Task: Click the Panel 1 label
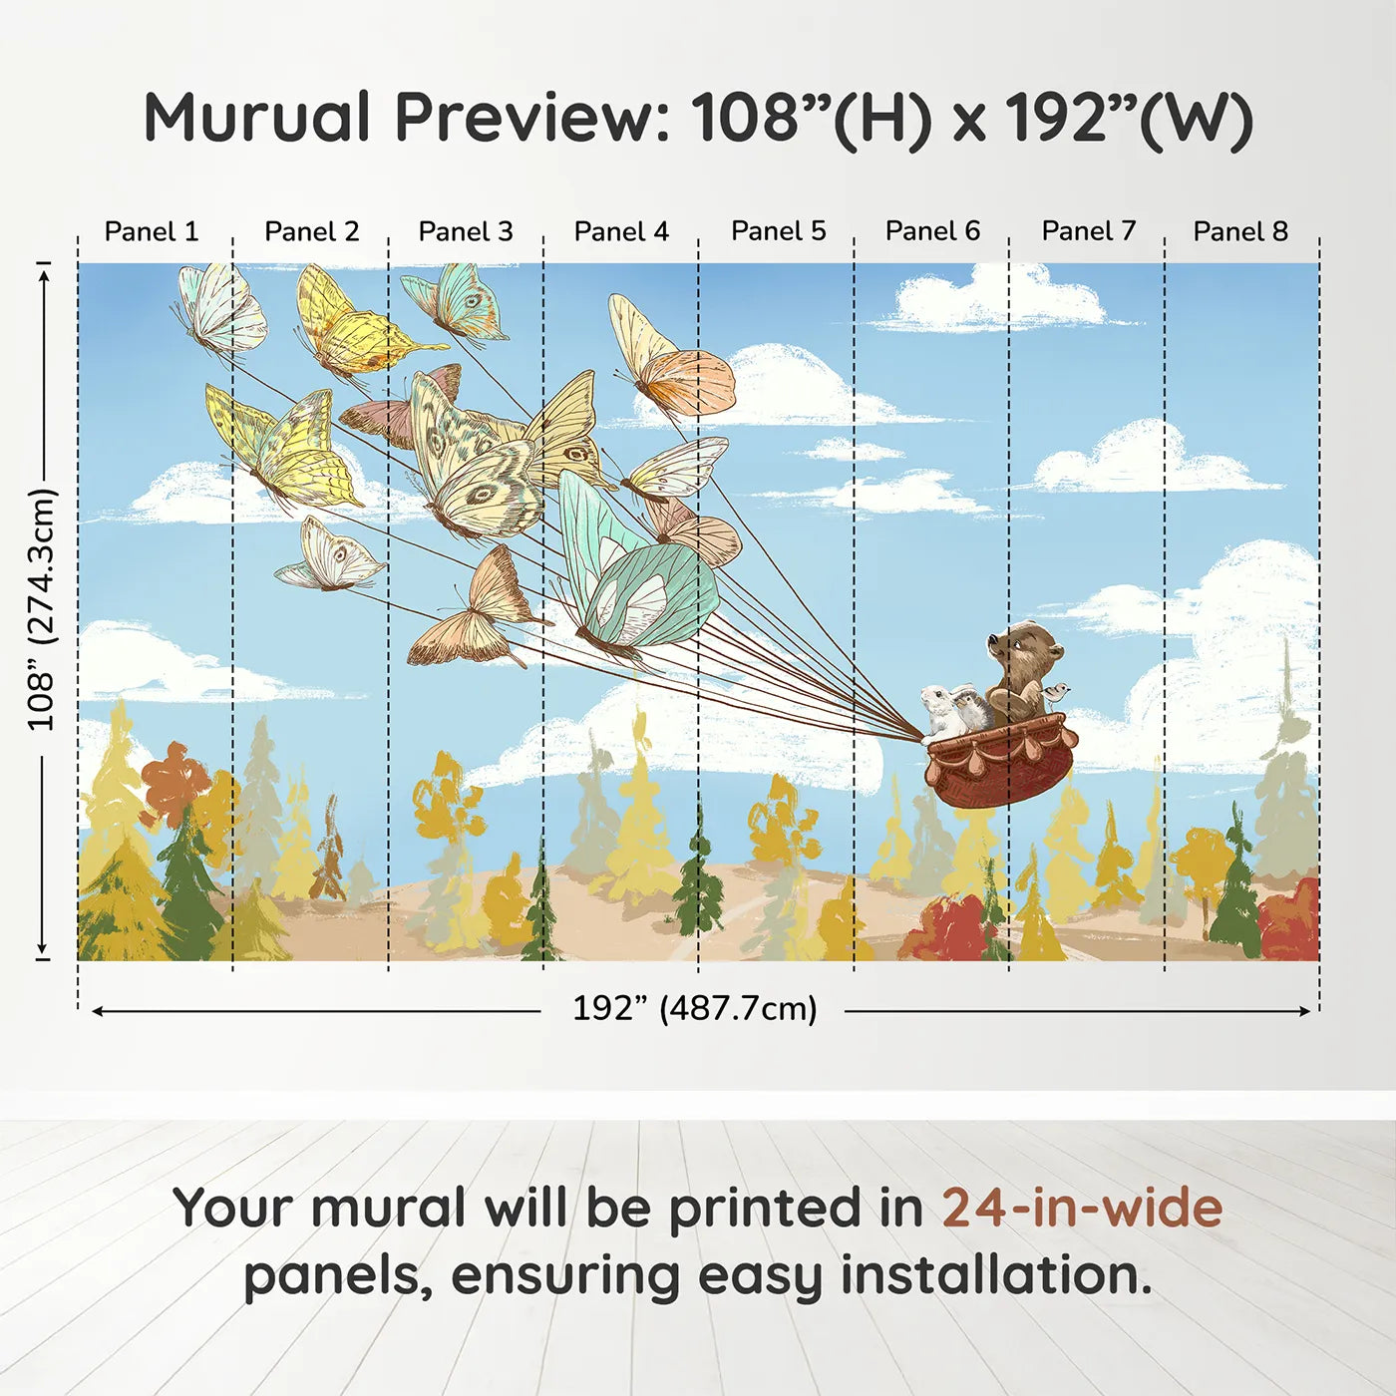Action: click(152, 231)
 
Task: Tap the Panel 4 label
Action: click(621, 231)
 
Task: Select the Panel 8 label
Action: click(1240, 231)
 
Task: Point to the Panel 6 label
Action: click(932, 231)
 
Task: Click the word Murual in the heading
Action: click(257, 118)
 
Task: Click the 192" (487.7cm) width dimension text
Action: click(694, 1008)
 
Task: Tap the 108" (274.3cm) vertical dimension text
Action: click(42, 609)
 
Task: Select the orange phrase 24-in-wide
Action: click(1082, 1208)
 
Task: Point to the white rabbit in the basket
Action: click(938, 711)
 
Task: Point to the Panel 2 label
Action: click(311, 231)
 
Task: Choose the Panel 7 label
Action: click(1088, 231)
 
